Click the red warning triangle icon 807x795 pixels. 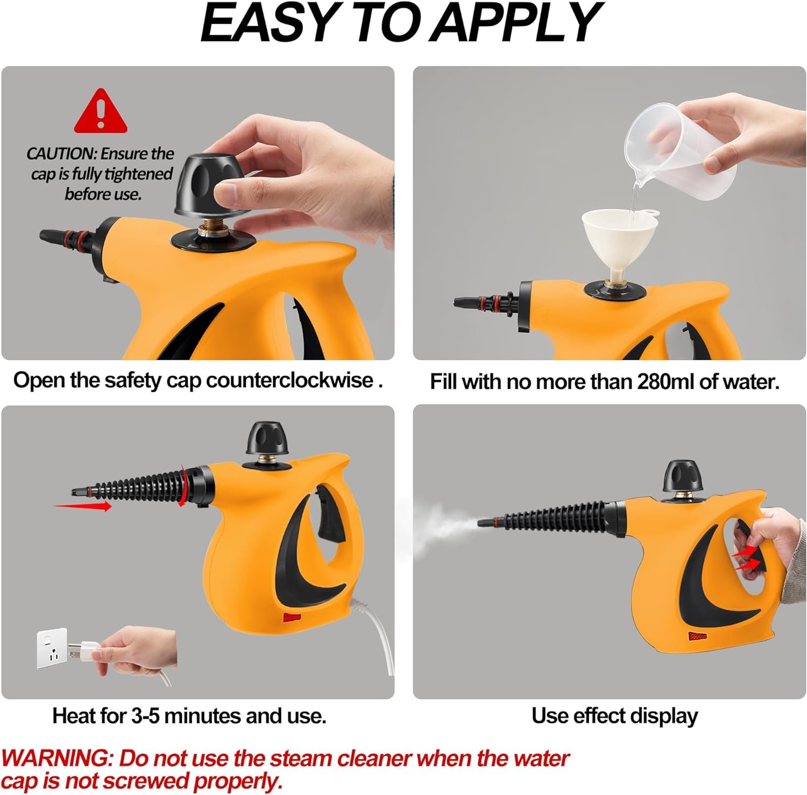[101, 112]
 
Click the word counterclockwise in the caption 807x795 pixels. [290, 380]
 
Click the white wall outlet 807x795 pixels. [52, 648]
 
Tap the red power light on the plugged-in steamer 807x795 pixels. [292, 618]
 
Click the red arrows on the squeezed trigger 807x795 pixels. [747, 559]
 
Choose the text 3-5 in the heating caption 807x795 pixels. [145, 716]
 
